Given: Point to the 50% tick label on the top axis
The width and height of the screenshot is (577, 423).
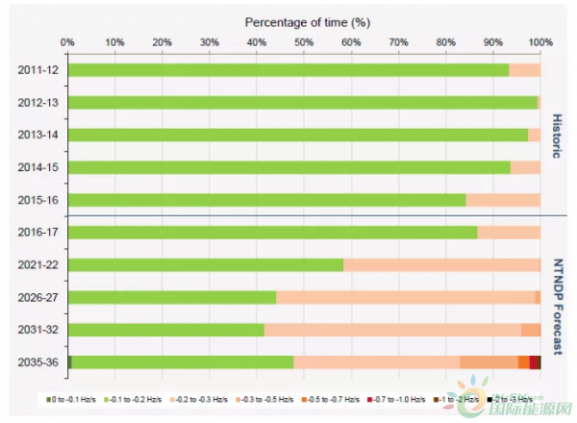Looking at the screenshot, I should [304, 42].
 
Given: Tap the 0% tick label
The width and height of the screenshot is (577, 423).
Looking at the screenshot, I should [67, 42].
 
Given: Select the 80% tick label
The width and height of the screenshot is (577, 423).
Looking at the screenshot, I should [445, 42].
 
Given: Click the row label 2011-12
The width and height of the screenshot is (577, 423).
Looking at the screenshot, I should [37, 70].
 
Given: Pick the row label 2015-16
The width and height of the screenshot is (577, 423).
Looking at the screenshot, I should [37, 200].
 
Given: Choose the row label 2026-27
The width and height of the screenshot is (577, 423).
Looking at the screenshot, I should [37, 297].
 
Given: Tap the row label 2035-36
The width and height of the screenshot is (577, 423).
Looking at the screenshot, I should [37, 362].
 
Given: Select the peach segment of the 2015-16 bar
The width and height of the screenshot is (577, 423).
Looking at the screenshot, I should [503, 200].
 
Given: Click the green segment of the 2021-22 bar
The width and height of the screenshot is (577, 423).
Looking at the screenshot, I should [206, 264].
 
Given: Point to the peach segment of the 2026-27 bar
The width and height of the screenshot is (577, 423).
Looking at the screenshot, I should [404, 297].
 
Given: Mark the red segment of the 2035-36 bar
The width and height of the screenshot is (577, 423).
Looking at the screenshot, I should [534, 362].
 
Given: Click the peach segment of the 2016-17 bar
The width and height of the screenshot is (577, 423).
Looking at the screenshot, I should [509, 232].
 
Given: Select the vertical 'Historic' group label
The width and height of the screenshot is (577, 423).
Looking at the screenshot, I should [555, 135].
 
